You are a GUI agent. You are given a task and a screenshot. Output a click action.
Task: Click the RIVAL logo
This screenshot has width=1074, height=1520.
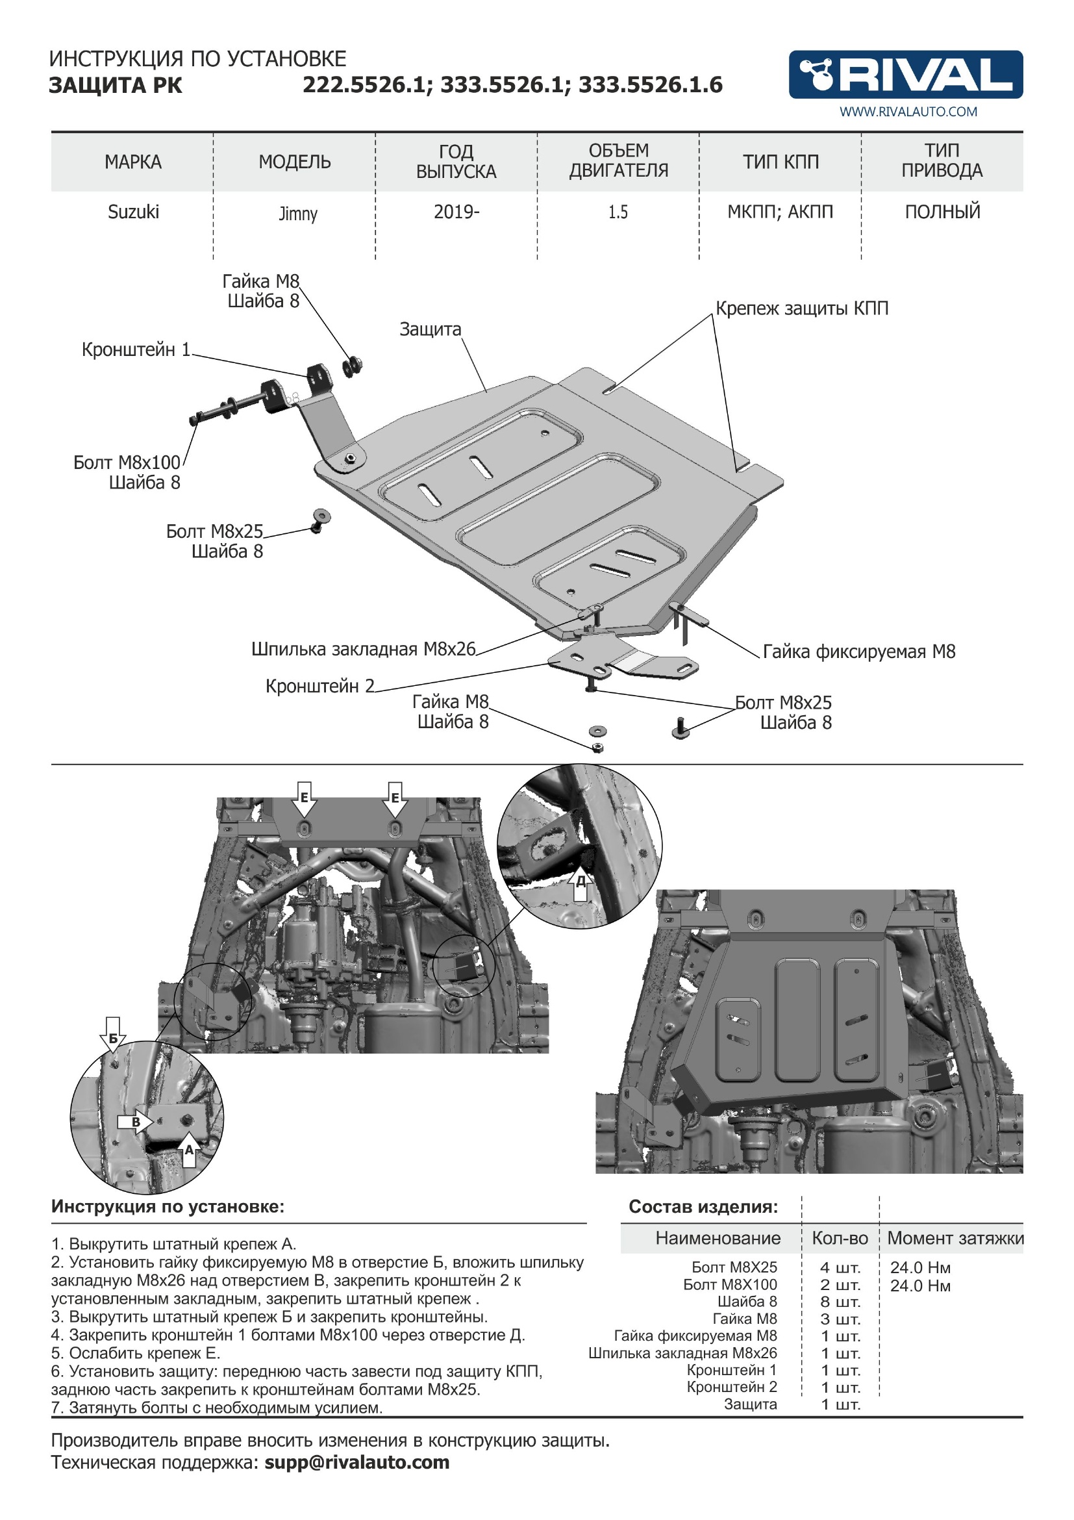click(905, 74)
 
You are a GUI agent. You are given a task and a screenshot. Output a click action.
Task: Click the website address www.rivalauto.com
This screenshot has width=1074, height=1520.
click(908, 112)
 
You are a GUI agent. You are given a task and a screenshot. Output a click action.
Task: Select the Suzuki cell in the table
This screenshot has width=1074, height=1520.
click(133, 212)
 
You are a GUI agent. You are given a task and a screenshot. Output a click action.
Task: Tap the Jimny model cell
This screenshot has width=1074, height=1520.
click(298, 214)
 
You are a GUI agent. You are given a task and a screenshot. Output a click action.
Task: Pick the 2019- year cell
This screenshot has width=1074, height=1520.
click(456, 212)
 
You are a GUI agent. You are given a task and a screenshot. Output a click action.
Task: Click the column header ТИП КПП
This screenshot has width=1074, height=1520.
click(781, 162)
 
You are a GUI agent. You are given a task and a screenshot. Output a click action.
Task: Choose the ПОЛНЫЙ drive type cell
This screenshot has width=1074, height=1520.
click(942, 212)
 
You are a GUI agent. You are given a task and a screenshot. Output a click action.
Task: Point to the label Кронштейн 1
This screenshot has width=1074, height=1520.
click(136, 349)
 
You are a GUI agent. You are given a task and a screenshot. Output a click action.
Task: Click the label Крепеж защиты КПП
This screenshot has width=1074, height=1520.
click(801, 309)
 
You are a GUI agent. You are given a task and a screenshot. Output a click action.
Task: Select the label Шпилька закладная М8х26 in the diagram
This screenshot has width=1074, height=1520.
click(363, 649)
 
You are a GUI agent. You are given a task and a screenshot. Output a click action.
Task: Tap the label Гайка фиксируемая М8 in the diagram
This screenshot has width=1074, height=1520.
click(859, 652)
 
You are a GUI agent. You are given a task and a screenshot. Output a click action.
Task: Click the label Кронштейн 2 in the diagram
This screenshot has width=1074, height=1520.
click(319, 686)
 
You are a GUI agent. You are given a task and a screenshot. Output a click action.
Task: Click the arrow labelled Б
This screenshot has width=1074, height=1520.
click(113, 1035)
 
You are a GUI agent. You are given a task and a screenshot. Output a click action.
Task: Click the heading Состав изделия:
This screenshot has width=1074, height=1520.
click(703, 1207)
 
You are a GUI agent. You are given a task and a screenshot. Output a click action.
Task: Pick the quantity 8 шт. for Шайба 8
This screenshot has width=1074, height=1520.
click(840, 1302)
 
